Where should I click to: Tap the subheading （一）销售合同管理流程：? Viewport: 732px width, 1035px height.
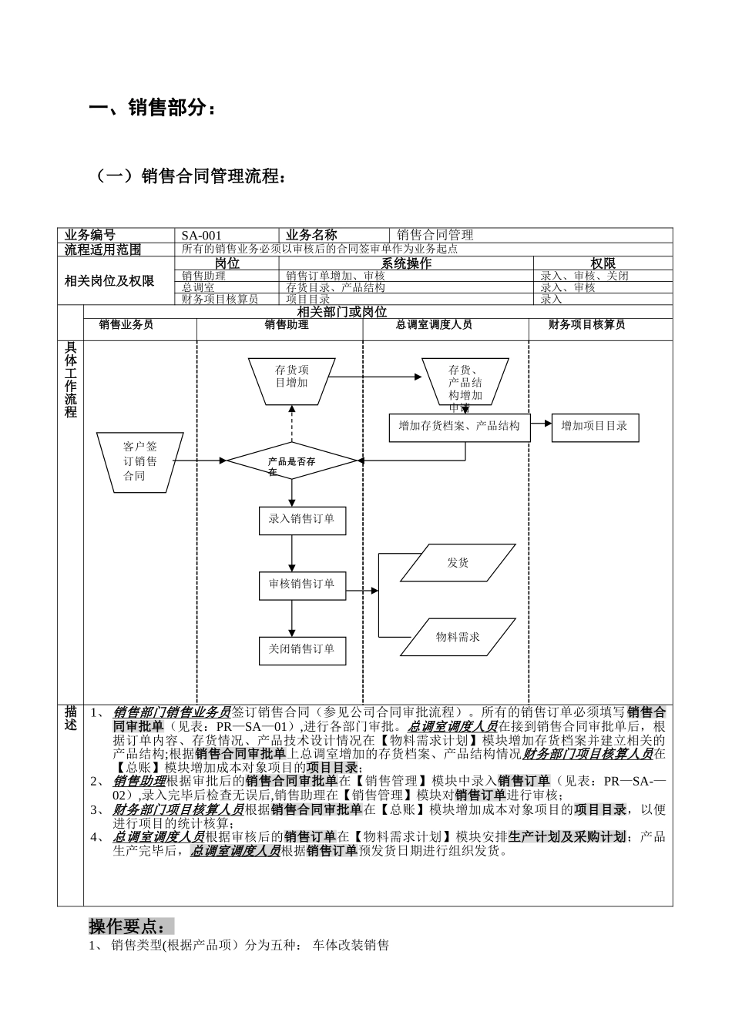pyautogui.click(x=190, y=176)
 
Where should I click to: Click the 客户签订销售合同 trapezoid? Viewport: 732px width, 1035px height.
pyautogui.click(x=139, y=461)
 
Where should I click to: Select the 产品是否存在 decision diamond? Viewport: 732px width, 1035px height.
pyautogui.click(x=292, y=461)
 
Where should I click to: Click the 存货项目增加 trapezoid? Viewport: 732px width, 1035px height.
pyautogui.click(x=292, y=377)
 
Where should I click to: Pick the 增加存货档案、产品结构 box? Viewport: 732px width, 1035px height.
pyautogui.click(x=459, y=427)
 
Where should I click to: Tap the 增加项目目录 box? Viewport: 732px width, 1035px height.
pyautogui.click(x=595, y=427)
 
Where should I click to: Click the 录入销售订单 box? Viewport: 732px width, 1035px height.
pyautogui.click(x=301, y=520)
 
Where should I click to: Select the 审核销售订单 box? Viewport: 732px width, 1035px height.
pyautogui.click(x=301, y=584)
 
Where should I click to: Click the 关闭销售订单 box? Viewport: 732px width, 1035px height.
pyautogui.click(x=301, y=650)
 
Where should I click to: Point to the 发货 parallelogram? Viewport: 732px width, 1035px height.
pyautogui.click(x=458, y=563)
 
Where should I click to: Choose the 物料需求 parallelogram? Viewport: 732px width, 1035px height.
pyautogui.click(x=458, y=637)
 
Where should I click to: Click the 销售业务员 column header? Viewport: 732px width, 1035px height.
pyautogui.click(x=126, y=325)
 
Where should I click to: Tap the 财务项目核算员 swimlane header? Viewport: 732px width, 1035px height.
pyautogui.click(x=586, y=325)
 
